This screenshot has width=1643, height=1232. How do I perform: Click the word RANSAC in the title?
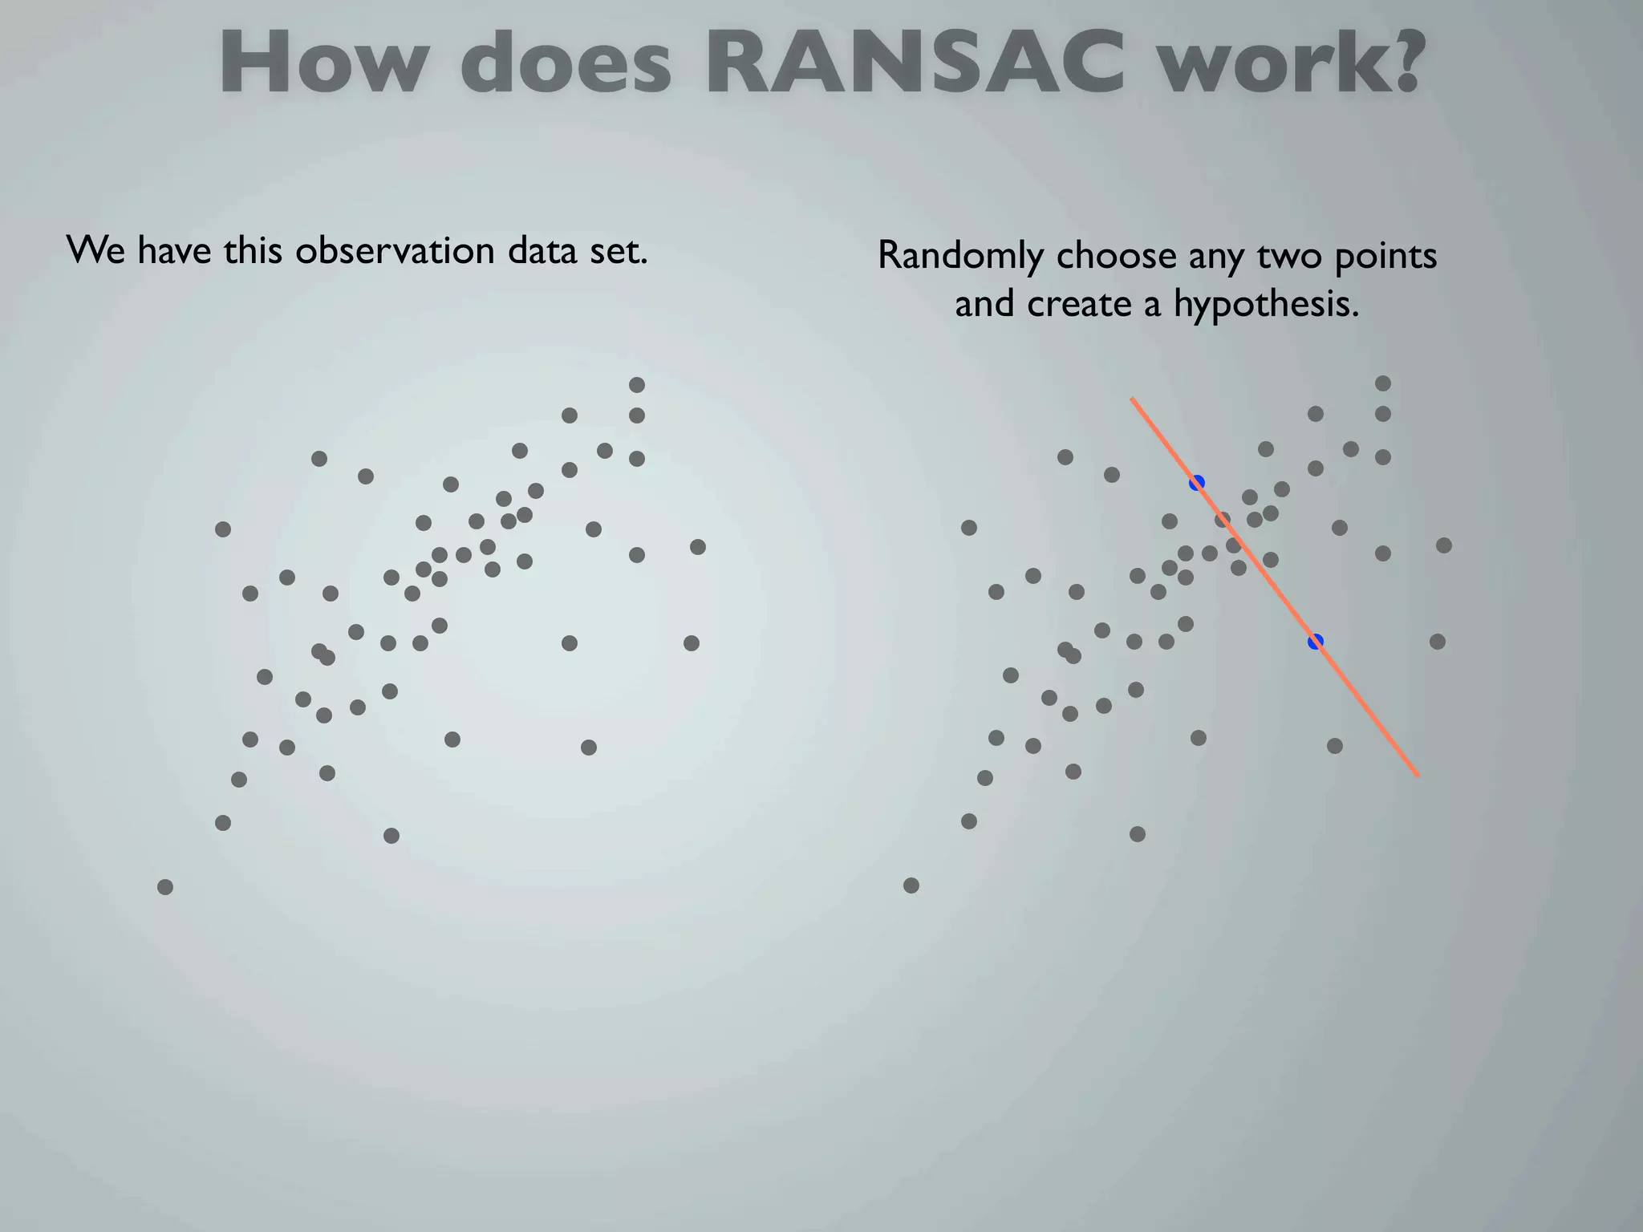pos(915,64)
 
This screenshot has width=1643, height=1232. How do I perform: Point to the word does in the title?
pos(566,64)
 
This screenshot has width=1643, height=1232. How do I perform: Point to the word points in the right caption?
pos(1385,257)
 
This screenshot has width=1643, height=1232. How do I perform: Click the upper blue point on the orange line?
pos(1197,482)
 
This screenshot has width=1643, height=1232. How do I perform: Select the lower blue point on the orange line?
pos(1316,642)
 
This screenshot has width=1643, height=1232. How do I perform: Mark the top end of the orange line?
pos(1132,398)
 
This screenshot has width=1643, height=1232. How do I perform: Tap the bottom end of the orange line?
pos(1418,776)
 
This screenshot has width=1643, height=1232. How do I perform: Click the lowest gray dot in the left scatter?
pos(165,887)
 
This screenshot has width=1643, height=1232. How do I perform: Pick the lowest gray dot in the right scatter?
pos(911,885)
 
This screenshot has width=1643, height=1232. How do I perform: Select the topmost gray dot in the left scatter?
pos(637,385)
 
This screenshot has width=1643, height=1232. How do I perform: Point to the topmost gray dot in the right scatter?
pos(1383,383)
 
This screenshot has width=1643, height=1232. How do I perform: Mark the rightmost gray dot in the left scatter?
pos(698,547)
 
